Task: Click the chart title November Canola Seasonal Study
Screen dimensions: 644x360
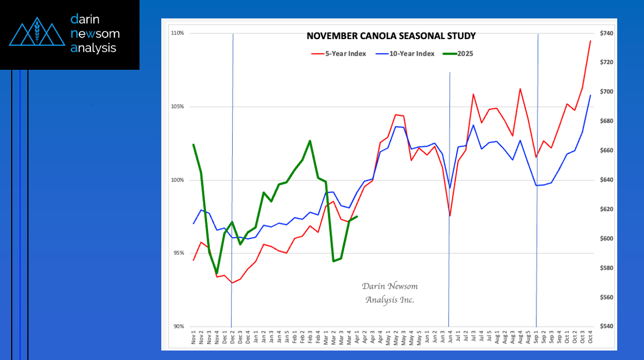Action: [391, 36]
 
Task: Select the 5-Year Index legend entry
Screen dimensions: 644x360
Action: [338, 54]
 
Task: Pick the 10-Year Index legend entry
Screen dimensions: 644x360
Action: [405, 54]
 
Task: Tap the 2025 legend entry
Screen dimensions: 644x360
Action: [458, 54]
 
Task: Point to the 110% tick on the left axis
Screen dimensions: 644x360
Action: [177, 33]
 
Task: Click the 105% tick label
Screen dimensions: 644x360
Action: [177, 107]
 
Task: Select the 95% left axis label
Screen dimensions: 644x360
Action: [179, 253]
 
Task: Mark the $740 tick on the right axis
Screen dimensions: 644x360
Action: [607, 33]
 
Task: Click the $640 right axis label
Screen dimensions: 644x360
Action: [607, 180]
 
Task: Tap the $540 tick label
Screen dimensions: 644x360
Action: [607, 327]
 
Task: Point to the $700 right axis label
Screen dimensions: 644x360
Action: [607, 92]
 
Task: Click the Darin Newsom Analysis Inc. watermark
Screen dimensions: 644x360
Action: [390, 292]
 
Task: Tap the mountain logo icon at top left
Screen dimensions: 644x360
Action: [37, 31]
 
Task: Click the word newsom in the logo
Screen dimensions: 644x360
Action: [95, 33]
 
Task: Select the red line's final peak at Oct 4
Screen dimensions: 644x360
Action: [590, 41]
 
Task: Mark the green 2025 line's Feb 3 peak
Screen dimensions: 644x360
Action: [310, 141]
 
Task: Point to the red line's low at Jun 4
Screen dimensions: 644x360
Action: [450, 216]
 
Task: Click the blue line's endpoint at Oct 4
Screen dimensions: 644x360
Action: [590, 95]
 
